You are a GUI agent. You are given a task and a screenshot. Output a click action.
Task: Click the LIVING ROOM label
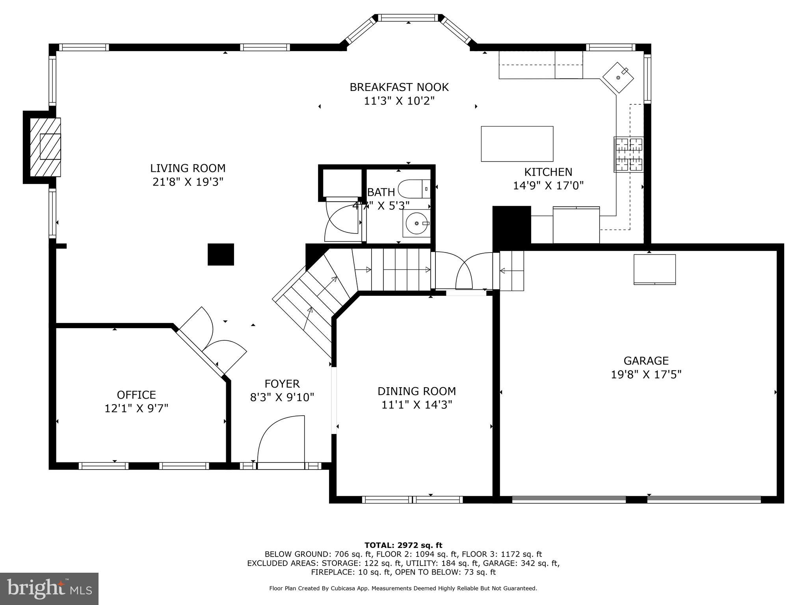[x=188, y=168]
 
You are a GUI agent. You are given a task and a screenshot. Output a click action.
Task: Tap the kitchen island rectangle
[x=517, y=144]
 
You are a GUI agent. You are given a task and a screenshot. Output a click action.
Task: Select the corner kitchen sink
[x=618, y=77]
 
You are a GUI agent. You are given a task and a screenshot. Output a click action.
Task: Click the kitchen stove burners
[x=628, y=154]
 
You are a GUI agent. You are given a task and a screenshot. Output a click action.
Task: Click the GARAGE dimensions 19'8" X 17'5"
[x=646, y=374]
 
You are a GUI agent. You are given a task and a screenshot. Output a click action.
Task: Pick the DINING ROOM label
[x=417, y=391]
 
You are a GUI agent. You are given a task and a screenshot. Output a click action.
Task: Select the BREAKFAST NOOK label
[x=399, y=87]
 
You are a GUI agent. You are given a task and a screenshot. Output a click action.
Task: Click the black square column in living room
[x=221, y=254]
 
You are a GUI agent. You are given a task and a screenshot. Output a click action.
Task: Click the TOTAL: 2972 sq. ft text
[x=403, y=545]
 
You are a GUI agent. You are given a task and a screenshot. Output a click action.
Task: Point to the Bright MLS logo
[x=49, y=588]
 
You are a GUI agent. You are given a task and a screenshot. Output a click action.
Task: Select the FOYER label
[x=282, y=384]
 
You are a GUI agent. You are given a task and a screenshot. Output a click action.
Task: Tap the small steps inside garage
[x=512, y=271]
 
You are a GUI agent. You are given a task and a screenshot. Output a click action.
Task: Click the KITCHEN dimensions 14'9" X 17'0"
[x=548, y=186]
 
